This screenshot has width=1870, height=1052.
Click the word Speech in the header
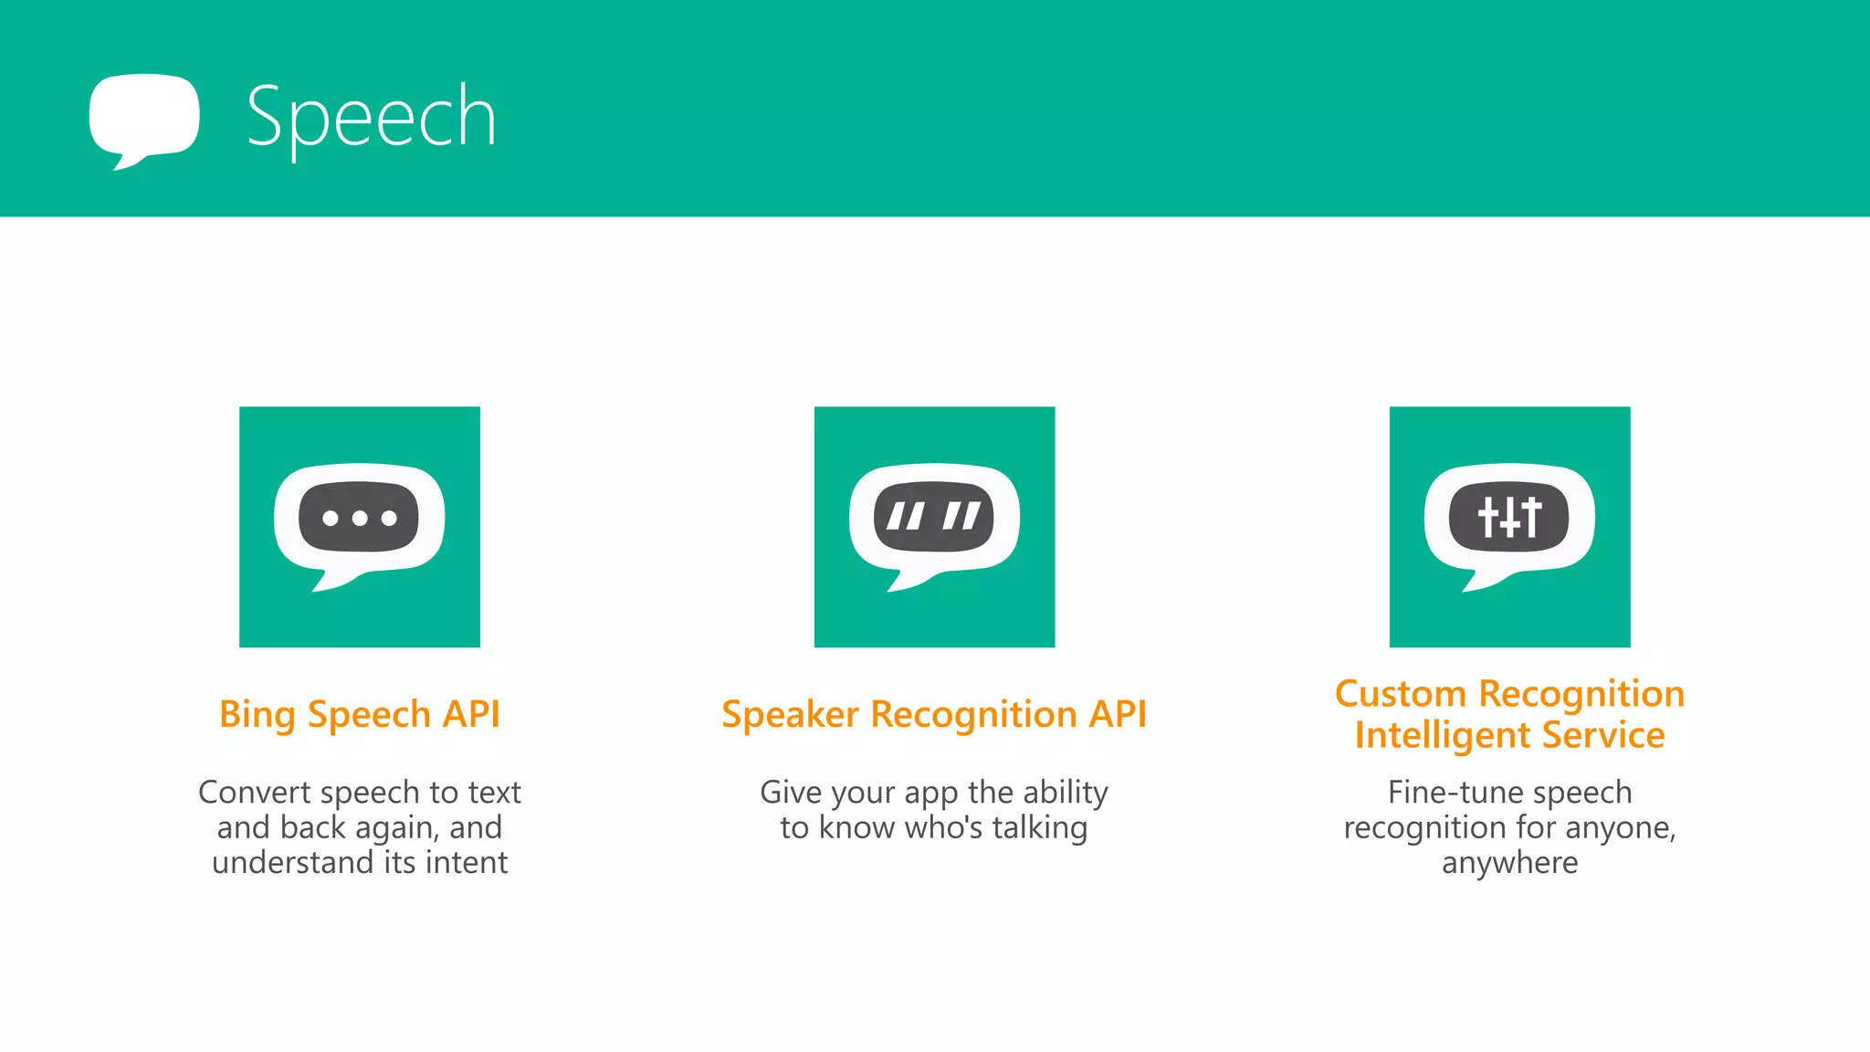[371, 117]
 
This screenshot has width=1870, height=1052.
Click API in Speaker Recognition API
[1117, 714]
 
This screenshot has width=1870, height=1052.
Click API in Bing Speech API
[471, 714]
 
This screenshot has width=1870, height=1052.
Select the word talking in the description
[1040, 827]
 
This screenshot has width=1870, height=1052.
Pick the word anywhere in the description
[1509, 863]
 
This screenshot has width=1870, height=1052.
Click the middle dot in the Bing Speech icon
[360, 519]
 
